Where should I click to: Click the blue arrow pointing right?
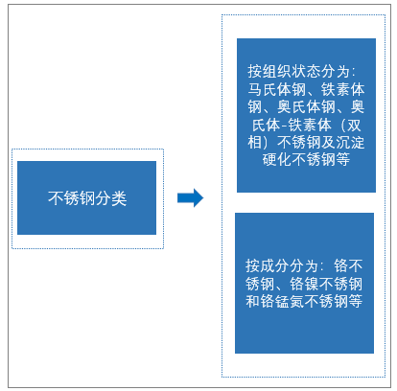click(x=191, y=197)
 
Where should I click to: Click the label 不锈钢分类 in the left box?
click(x=87, y=198)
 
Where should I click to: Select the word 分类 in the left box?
click(x=111, y=198)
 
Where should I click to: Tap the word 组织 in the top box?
click(x=277, y=71)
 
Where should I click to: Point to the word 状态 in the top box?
click(x=306, y=71)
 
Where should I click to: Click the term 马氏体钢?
click(x=277, y=89)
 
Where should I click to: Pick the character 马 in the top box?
click(x=255, y=89)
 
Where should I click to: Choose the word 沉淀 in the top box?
click(x=350, y=142)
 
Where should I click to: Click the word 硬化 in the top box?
click(x=277, y=159)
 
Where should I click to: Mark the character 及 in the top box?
click(x=328, y=142)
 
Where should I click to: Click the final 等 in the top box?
click(x=342, y=159)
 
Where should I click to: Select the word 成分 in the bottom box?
click(x=274, y=265)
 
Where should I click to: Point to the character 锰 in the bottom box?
click(x=282, y=301)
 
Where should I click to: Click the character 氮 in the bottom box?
click(x=296, y=301)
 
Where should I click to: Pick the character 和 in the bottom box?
click(x=252, y=301)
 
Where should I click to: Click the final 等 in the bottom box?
click(x=356, y=301)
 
